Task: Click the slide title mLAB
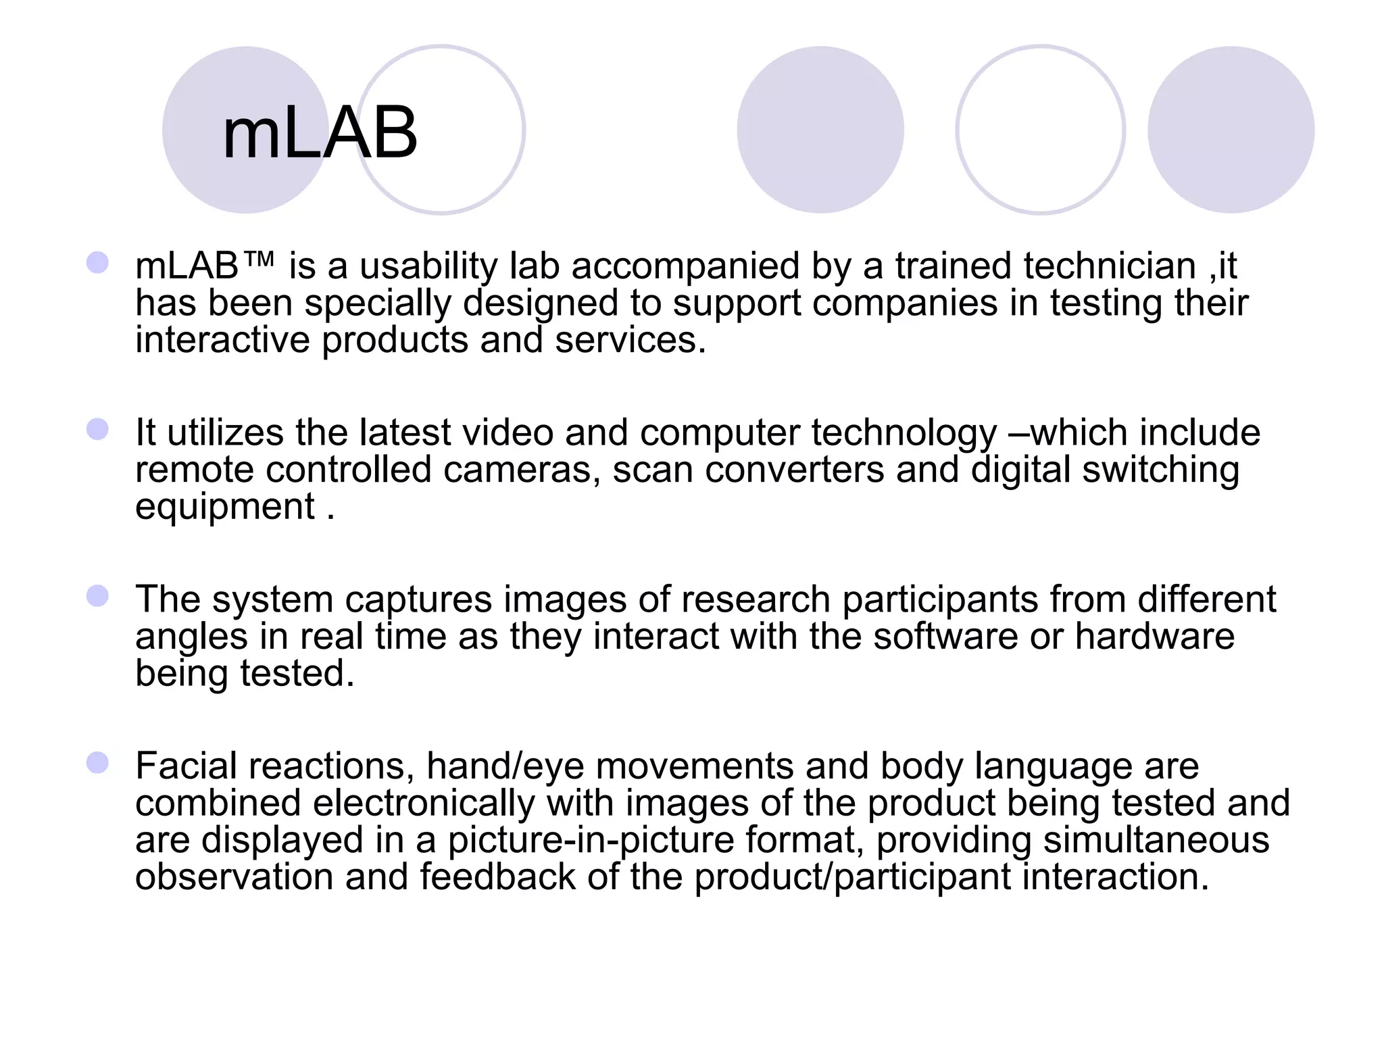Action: coord(320,133)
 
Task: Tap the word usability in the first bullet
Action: coord(428,266)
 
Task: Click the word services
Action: coord(630,340)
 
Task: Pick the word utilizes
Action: coord(225,432)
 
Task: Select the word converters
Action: coord(794,470)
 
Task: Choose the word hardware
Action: coord(1154,637)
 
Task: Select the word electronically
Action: coord(424,804)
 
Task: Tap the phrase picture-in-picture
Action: coord(591,841)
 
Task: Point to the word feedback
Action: coord(497,877)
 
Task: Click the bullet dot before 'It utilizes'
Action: coord(98,429)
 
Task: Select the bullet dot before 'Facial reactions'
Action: coord(98,763)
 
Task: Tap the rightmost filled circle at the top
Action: coord(1231,130)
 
